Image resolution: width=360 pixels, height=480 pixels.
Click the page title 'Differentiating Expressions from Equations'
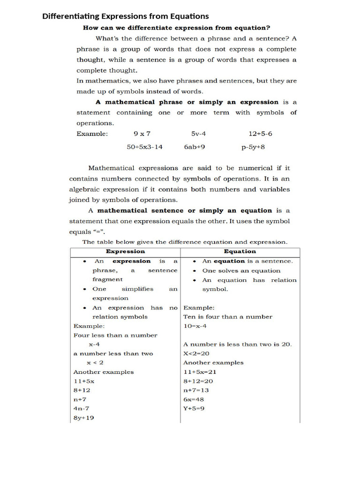pyautogui.click(x=126, y=16)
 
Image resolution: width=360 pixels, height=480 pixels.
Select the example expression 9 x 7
pyautogui.click(x=142, y=134)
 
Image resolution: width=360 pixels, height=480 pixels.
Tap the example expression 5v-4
pyautogui.click(x=198, y=134)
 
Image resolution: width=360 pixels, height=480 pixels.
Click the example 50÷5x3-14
pyautogui.click(x=145, y=147)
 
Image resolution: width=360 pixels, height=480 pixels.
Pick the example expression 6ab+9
pyautogui.click(x=195, y=147)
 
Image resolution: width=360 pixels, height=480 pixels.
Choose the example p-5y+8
pyautogui.click(x=253, y=147)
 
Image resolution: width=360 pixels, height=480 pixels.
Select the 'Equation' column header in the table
pyautogui.click(x=240, y=251)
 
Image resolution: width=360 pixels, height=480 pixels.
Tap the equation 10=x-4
pyautogui.click(x=195, y=326)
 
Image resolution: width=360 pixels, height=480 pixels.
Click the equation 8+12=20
pyautogui.click(x=198, y=381)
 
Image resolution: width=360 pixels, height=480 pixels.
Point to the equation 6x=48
pyautogui.click(x=194, y=399)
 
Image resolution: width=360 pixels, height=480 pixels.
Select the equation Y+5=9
pyautogui.click(x=194, y=408)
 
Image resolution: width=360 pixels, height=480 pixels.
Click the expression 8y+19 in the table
pyautogui.click(x=83, y=418)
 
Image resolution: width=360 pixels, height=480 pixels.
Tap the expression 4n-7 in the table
pyautogui.click(x=81, y=408)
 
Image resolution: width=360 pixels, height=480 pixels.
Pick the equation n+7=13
pyautogui.click(x=196, y=390)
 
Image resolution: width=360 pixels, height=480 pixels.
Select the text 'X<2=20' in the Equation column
pyautogui.click(x=196, y=353)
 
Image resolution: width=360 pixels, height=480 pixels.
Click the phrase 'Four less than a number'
pyautogui.click(x=115, y=335)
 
